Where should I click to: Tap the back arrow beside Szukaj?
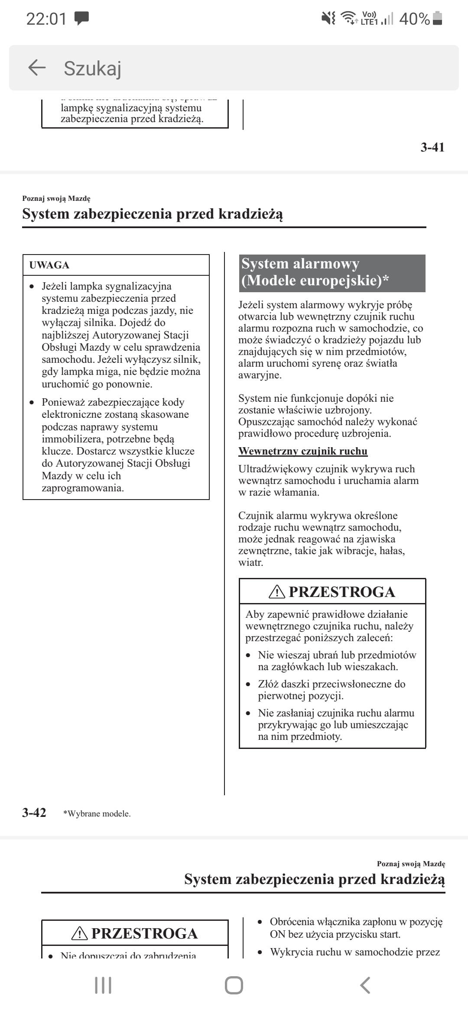[37, 68]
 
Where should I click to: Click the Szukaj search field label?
[92, 68]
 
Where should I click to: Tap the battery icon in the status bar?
[438, 18]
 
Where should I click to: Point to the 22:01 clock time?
[46, 19]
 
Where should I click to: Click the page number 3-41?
[432, 148]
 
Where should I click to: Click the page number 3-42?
[34, 813]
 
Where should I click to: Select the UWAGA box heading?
[49, 265]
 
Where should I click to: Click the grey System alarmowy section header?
[332, 273]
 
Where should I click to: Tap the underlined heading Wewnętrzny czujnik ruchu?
[303, 451]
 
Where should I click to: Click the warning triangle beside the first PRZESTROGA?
[277, 592]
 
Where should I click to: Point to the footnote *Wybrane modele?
[97, 813]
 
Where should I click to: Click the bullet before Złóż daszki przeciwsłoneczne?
[248, 684]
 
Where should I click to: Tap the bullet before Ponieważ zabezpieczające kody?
[32, 403]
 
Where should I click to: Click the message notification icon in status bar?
[81, 18]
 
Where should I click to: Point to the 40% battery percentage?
[414, 19]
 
